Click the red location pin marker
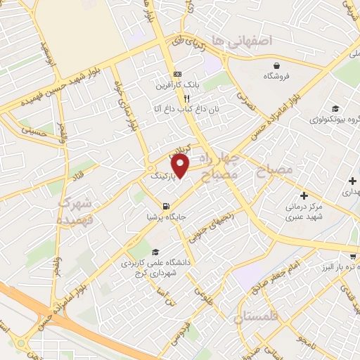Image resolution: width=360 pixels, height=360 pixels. coord(181,166)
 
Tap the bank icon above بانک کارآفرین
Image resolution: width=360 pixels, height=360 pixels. coord(177,75)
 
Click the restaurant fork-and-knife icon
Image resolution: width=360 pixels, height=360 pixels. coord(177,98)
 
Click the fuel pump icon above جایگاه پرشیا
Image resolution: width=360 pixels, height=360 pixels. coord(165,207)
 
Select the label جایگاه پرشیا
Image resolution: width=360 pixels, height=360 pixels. coord(165,217)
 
